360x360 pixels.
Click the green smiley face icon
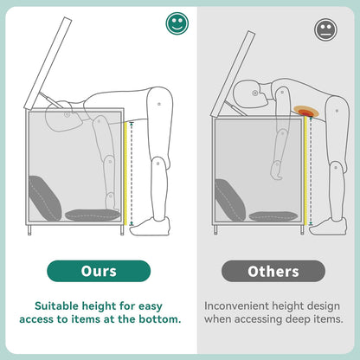[x=177, y=23]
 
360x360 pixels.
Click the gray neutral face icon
[x=325, y=29]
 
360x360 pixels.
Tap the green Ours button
[x=99, y=271]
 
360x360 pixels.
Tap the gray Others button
[x=273, y=271]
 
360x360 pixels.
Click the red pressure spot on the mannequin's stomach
[x=306, y=112]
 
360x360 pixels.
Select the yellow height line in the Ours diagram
[x=125, y=174]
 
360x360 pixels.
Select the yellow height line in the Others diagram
[x=305, y=170]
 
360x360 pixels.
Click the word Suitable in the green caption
[x=57, y=305]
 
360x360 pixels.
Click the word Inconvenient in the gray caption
[x=233, y=305]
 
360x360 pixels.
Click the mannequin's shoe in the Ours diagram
[x=150, y=227]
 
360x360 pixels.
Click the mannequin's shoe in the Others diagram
[x=328, y=227]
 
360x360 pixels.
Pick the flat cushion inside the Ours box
[x=93, y=215]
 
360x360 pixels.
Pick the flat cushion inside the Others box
[x=273, y=216]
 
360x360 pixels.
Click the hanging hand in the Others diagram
[x=276, y=170]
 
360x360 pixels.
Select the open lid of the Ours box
[x=48, y=63]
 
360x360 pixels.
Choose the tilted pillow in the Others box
[x=230, y=200]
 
